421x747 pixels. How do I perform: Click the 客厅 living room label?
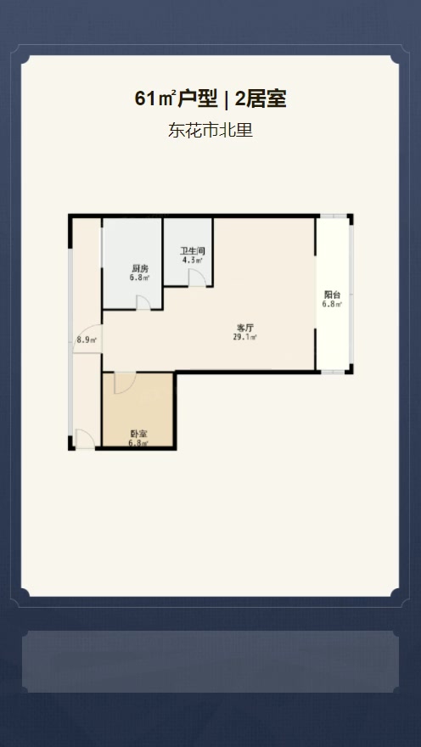pyautogui.click(x=244, y=328)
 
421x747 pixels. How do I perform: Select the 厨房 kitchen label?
pyautogui.click(x=139, y=267)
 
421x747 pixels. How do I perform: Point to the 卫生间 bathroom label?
pyautogui.click(x=193, y=251)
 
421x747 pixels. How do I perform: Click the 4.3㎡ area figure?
pyautogui.click(x=193, y=260)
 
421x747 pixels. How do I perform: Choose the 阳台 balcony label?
pyautogui.click(x=332, y=295)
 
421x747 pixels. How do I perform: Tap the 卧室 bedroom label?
pyautogui.click(x=138, y=434)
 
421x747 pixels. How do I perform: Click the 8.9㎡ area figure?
pyautogui.click(x=87, y=340)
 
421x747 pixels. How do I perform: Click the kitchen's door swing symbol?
pyautogui.click(x=143, y=302)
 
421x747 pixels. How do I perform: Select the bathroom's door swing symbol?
pyautogui.click(x=197, y=278)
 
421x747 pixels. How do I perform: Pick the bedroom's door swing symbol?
pyautogui.click(x=126, y=383)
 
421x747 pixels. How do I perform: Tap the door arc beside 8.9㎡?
pyautogui.click(x=87, y=339)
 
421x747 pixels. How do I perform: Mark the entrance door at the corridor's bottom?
pyautogui.click(x=85, y=438)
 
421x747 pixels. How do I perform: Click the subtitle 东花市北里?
pyautogui.click(x=210, y=130)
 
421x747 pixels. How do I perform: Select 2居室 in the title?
pyautogui.click(x=261, y=99)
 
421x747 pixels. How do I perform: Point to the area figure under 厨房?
pyautogui.click(x=139, y=278)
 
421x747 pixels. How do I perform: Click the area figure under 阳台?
pyautogui.click(x=332, y=305)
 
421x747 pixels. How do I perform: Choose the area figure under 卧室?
pyautogui.click(x=138, y=443)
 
